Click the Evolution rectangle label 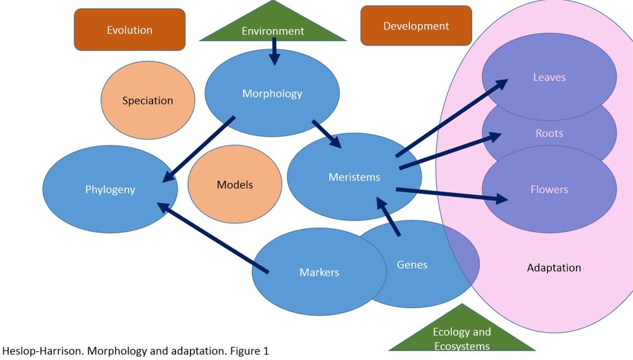click(x=129, y=30)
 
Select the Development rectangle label click(x=416, y=26)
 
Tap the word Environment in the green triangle click(x=273, y=31)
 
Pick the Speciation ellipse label click(x=147, y=101)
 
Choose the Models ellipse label click(x=235, y=185)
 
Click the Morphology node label click(x=272, y=94)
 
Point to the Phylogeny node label click(x=110, y=189)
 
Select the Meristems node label click(x=354, y=177)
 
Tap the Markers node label click(x=319, y=273)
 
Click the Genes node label click(x=412, y=264)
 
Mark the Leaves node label click(x=549, y=77)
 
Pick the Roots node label click(x=549, y=133)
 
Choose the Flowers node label click(x=549, y=189)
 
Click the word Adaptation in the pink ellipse click(x=554, y=268)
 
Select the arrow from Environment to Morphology click(x=274, y=51)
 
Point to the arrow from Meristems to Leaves click(x=453, y=119)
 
